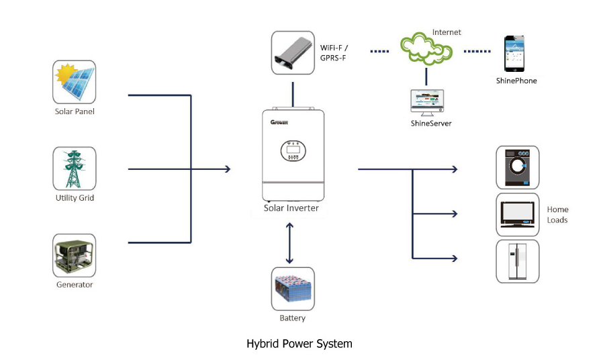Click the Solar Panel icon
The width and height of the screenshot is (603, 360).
pos(75,82)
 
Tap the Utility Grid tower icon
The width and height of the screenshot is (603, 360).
pos(75,169)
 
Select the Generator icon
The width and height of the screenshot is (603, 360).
pos(75,255)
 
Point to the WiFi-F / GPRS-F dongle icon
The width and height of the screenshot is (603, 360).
pos(293,52)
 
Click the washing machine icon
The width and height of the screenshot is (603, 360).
pos(518,167)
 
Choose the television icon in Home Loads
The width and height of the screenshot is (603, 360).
pos(518,214)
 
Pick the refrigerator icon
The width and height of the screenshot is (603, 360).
pos(518,261)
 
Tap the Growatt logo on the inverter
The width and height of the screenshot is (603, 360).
pos(279,122)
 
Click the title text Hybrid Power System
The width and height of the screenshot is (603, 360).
pos(299,344)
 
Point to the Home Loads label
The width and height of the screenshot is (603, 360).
pos(557,215)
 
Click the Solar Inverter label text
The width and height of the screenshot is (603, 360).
pos(291,208)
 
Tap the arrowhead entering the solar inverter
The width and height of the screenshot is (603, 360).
pos(228,169)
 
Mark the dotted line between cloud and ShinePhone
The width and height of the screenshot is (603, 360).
pos(477,51)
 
